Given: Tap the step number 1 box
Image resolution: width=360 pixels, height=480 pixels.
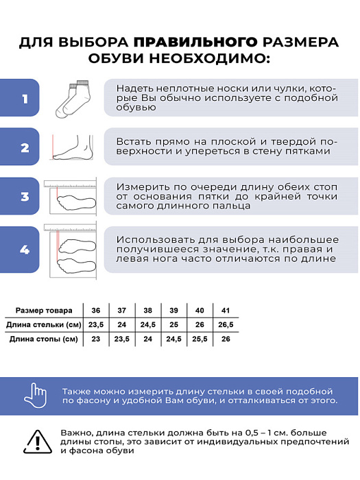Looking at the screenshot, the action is coord(25,99).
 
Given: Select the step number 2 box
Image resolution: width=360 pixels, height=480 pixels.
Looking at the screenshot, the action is coord(25,148).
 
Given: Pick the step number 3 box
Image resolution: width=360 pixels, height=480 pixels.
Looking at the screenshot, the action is coord(25,197).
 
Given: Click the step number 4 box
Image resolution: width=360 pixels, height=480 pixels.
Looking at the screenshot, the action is coord(25,250).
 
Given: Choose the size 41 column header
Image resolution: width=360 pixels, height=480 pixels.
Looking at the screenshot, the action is coord(226,309).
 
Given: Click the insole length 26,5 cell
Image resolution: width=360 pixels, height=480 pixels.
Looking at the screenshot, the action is coord(226,324).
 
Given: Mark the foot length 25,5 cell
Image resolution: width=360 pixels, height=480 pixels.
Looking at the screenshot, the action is coord(200,339).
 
